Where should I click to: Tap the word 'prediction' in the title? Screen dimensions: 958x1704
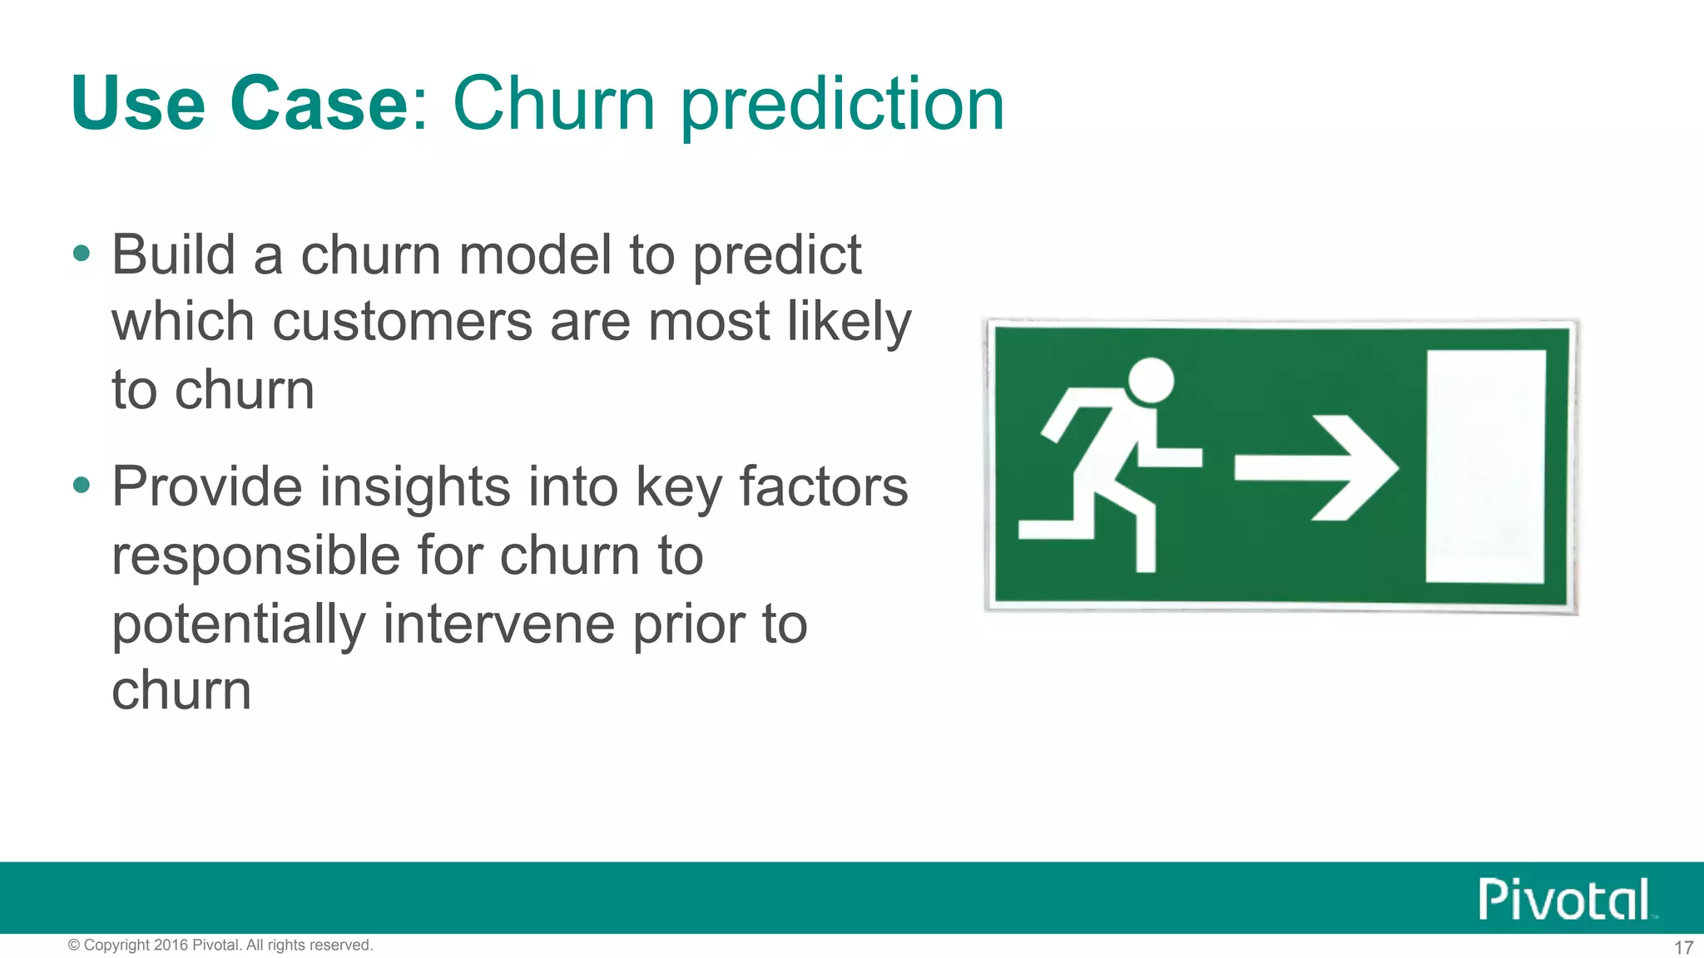pyautogui.click(x=843, y=106)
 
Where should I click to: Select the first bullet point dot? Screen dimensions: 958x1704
pyautogui.click(x=81, y=253)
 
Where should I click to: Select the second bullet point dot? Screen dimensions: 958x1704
pyautogui.click(x=81, y=485)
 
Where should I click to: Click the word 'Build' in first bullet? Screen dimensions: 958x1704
pyautogui.click(x=173, y=254)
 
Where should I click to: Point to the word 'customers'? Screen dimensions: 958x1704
pyautogui.click(x=402, y=323)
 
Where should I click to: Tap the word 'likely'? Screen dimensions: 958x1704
pyautogui.click(x=849, y=323)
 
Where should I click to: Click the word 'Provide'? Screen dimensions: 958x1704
pyautogui.click(x=207, y=487)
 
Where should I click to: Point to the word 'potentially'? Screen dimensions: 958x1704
pyautogui.click(x=239, y=625)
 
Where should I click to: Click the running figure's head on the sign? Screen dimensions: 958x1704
pyautogui.click(x=1151, y=381)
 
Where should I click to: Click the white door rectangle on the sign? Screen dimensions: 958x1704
pyautogui.click(x=1485, y=466)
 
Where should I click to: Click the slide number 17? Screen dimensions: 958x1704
pyautogui.click(x=1683, y=947)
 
